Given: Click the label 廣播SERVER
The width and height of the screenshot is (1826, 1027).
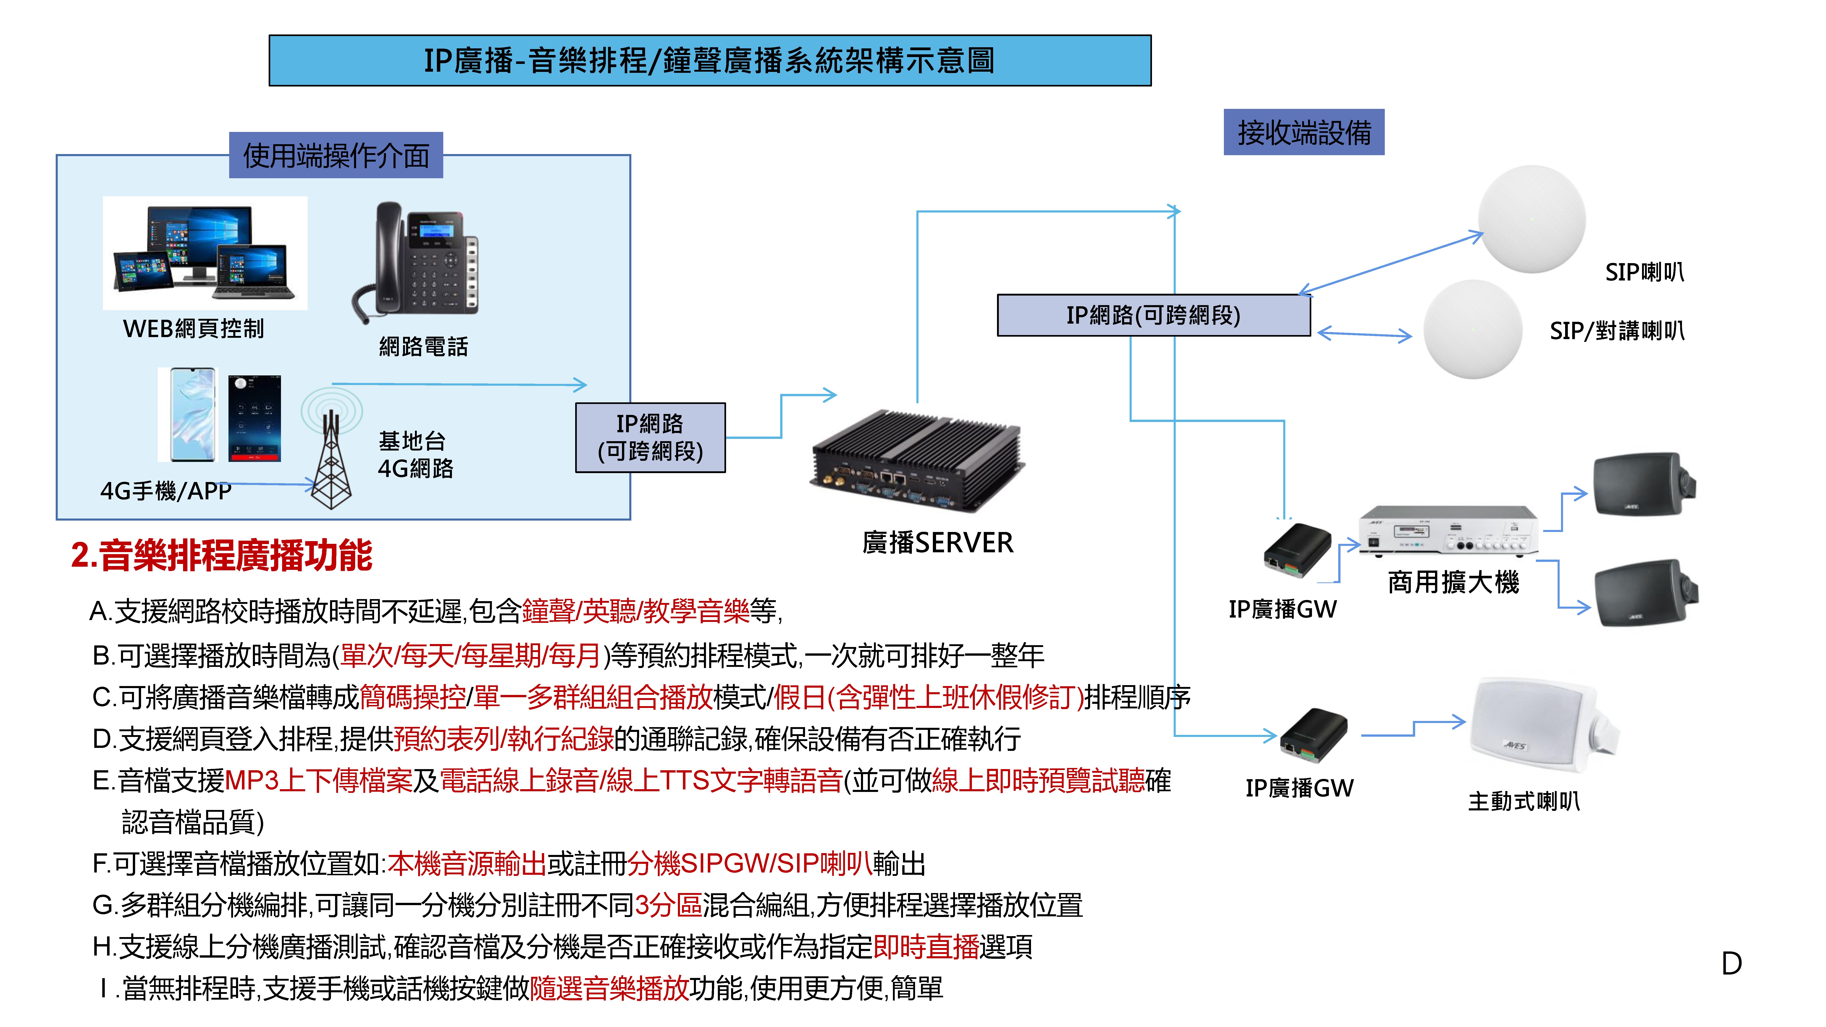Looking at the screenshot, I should (937, 543).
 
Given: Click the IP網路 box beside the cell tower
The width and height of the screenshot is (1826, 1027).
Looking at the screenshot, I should (650, 437).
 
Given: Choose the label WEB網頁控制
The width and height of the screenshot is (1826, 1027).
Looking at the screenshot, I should (193, 329).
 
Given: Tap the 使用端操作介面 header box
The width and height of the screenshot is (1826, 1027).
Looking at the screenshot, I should (336, 155).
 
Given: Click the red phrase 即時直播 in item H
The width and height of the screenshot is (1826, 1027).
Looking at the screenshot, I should (926, 947).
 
